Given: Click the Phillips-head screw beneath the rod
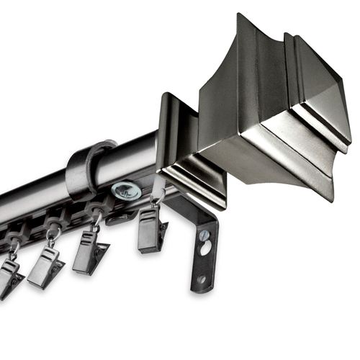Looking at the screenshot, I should click(x=126, y=191).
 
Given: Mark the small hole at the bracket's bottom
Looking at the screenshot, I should click(x=201, y=279).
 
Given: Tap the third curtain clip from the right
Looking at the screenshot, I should click(x=46, y=267).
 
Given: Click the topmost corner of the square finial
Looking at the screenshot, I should click(x=239, y=16).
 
